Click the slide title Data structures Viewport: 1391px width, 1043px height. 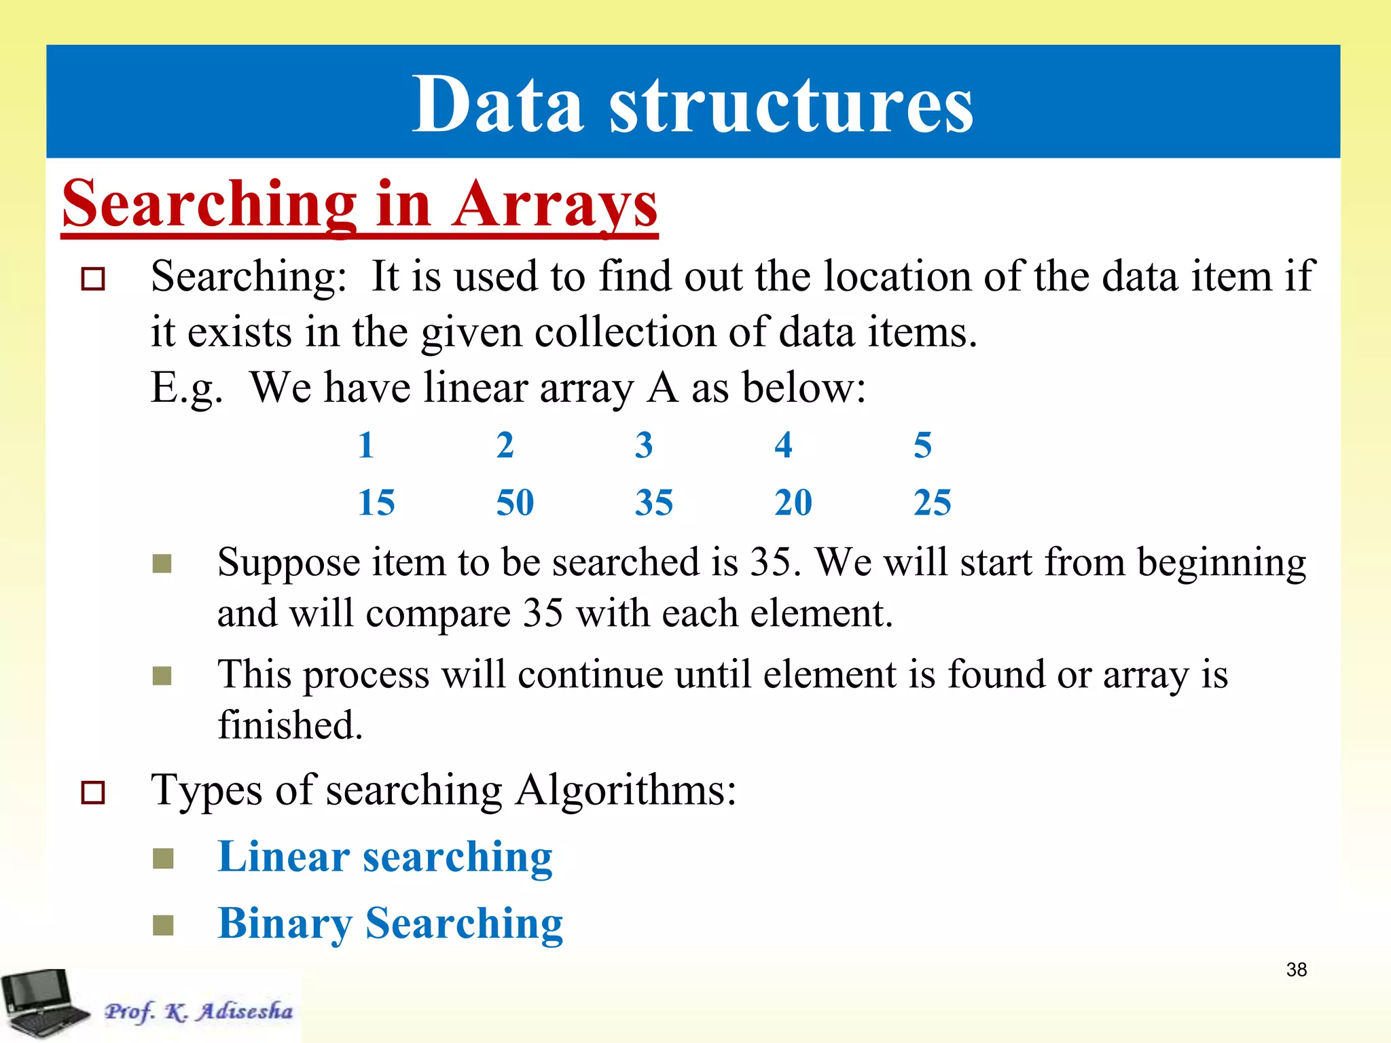(693, 105)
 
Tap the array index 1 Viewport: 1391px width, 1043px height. (366, 445)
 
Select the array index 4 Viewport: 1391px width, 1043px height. (783, 445)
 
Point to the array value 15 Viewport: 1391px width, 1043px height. (376, 502)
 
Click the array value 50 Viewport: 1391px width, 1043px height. (515, 502)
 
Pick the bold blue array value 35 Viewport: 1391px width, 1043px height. (654, 502)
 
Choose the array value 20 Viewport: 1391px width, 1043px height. (793, 502)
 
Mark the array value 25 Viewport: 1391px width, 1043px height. (933, 502)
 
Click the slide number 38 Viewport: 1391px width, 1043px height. (1296, 969)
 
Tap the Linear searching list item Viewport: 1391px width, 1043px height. (385, 857)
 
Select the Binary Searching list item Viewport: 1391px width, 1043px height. (391, 923)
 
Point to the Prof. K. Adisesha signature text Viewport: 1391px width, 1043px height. (198, 1011)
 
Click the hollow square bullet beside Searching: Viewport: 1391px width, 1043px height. (93, 279)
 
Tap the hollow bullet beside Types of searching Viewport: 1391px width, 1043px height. (93, 792)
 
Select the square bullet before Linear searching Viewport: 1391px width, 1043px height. (163, 858)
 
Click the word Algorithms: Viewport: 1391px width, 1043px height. (626, 790)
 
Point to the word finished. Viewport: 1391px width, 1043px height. (290, 725)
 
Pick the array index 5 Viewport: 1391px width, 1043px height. (922, 445)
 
